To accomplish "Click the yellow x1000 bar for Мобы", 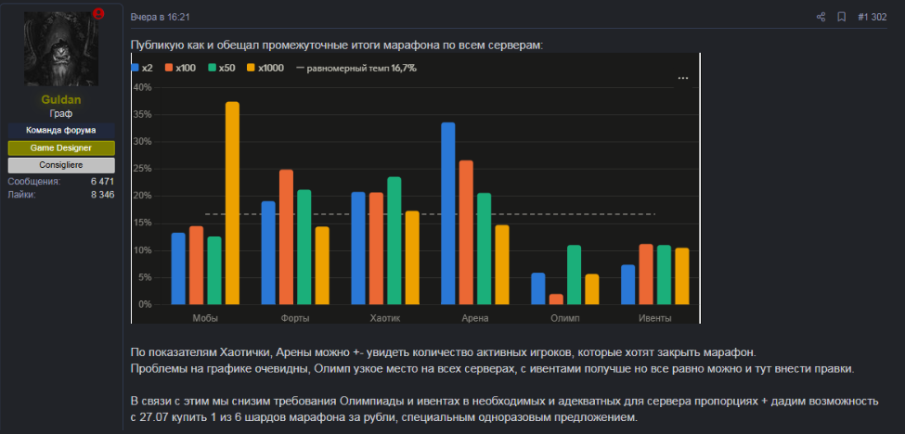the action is coord(233,203).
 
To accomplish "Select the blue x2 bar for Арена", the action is coord(448,213).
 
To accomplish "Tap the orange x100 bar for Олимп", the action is coord(556,300).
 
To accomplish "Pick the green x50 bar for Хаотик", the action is coord(394,240).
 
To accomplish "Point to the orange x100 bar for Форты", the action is coord(286,236).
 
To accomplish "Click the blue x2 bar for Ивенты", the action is coord(628,285).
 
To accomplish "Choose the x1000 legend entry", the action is coord(265,68).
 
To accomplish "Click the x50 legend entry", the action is coord(222,68).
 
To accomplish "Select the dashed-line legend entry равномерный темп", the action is coord(356,68).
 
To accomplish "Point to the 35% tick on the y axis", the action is coord(143,115).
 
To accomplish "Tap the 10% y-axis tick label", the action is coord(143,250).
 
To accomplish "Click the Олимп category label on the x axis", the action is coord(564,318).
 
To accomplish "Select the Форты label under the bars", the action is coord(295,318).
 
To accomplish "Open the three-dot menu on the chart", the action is coord(683,78).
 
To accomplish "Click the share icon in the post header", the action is coord(821,18).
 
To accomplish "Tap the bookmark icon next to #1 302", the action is coord(842,18).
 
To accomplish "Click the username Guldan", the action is coord(61,100).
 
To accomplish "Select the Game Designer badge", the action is coord(61,148).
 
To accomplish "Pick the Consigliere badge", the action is coord(61,165).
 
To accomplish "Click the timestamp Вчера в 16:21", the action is coord(161,18).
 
